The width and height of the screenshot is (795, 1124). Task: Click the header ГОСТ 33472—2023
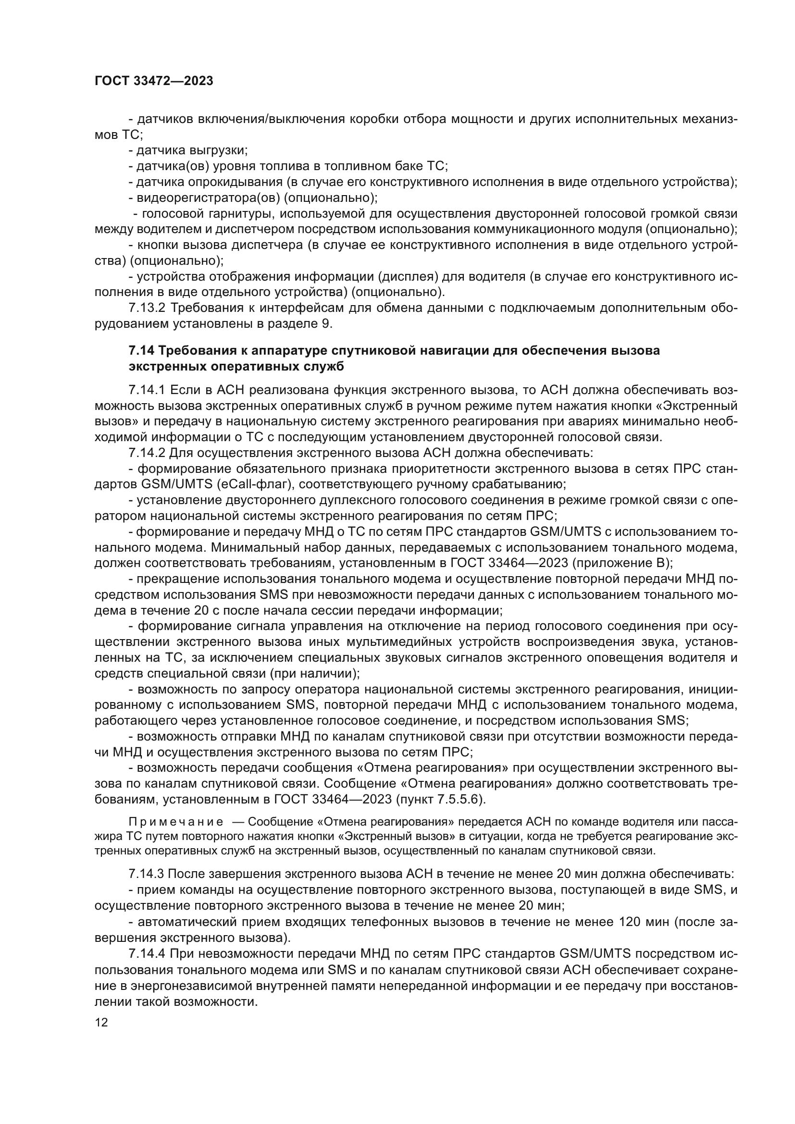coord(154,81)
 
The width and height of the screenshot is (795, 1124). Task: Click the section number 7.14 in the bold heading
coord(141,350)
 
